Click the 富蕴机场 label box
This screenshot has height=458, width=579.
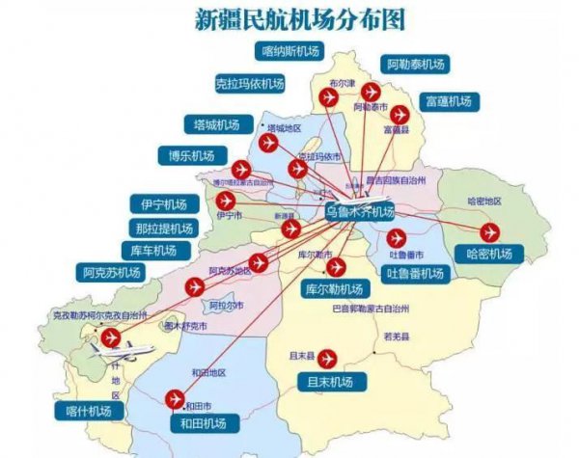tap(447, 100)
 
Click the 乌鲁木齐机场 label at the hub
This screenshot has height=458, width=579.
tap(359, 212)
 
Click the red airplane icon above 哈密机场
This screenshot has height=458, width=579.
tap(488, 231)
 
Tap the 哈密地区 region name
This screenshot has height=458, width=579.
tap(482, 201)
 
